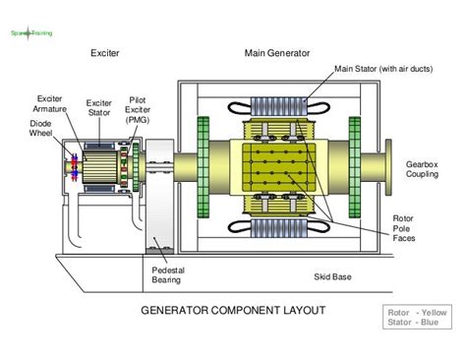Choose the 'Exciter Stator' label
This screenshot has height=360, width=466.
click(x=99, y=107)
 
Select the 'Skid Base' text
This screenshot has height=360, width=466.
click(x=334, y=277)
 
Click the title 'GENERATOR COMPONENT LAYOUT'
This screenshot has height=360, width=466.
click(x=233, y=311)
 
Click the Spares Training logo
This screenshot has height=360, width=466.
click(x=30, y=32)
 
